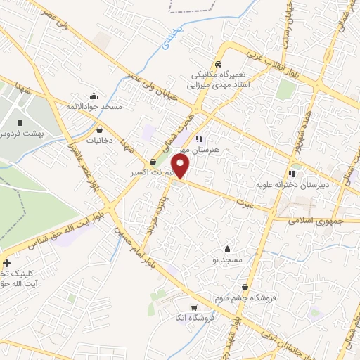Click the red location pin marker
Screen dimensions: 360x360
click(181, 167)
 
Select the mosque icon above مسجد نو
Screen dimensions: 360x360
click(226, 250)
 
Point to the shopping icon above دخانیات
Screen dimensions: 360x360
click(99, 129)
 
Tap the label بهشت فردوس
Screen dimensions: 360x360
click(22, 133)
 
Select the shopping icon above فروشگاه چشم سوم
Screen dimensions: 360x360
click(245, 287)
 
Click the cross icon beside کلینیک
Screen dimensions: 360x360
click(6, 263)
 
